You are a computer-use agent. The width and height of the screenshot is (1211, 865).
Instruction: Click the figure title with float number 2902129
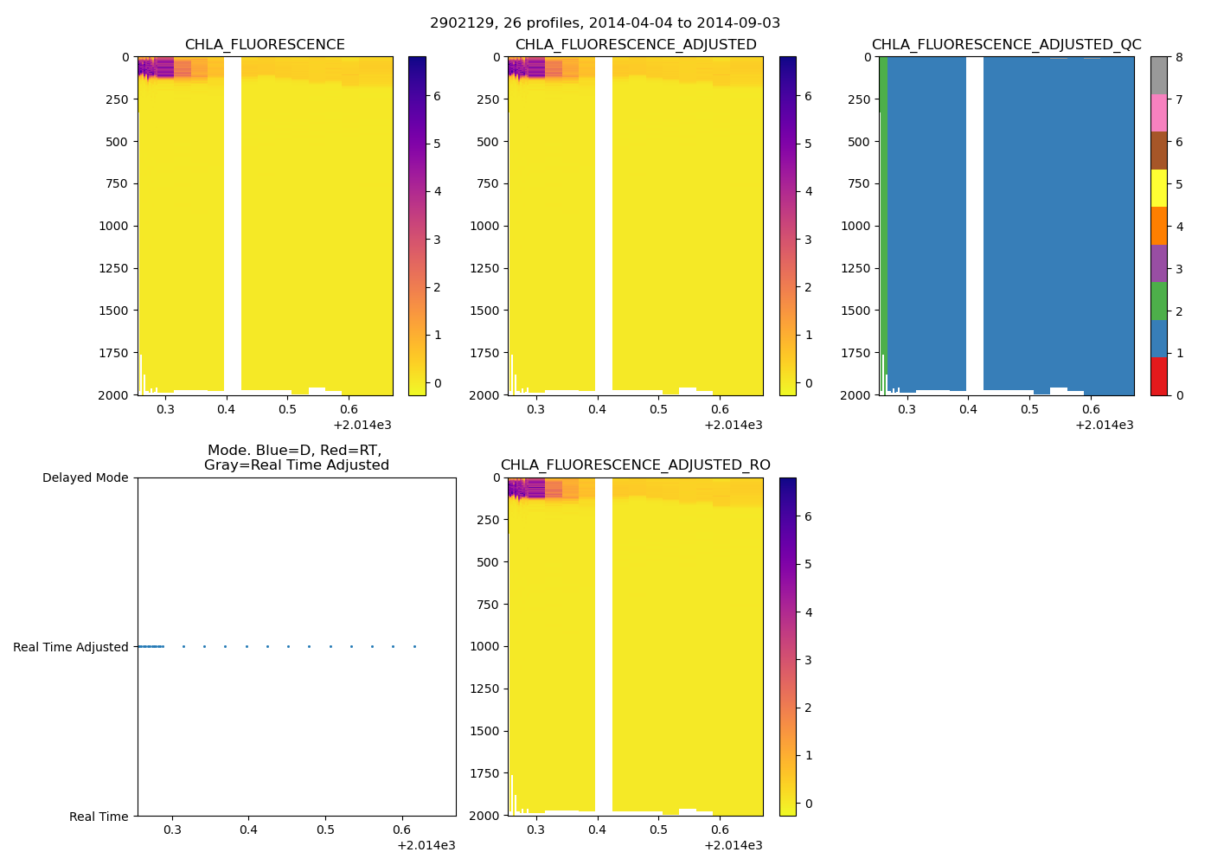[605, 23]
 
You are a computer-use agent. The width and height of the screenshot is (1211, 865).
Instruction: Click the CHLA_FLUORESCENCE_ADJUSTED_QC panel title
[1006, 45]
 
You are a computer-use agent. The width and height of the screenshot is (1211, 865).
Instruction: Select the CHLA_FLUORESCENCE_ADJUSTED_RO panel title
[635, 465]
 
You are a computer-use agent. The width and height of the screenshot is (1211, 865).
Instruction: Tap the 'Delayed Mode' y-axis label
[85, 477]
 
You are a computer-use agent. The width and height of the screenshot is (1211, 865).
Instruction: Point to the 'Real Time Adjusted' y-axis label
[71, 647]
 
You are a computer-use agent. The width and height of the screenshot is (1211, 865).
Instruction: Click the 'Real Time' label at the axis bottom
[99, 817]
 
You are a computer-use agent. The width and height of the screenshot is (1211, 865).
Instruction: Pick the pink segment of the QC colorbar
[1158, 112]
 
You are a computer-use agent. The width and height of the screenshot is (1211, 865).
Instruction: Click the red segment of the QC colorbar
[1158, 376]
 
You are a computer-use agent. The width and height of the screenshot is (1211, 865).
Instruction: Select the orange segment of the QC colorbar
[1158, 226]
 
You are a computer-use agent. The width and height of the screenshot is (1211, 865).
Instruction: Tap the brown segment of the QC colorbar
[1158, 151]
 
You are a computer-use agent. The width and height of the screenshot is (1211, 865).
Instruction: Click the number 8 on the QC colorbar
[1178, 57]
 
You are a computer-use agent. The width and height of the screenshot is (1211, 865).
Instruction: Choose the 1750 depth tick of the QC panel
[856, 353]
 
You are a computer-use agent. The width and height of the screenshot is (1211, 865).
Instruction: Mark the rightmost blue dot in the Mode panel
[414, 646]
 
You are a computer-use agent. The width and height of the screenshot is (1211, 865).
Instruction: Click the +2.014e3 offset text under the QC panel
[1104, 425]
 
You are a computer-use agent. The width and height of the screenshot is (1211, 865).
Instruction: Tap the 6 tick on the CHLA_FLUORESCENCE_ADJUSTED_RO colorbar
[808, 516]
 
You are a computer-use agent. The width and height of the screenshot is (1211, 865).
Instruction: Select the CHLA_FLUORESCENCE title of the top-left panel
[265, 45]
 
